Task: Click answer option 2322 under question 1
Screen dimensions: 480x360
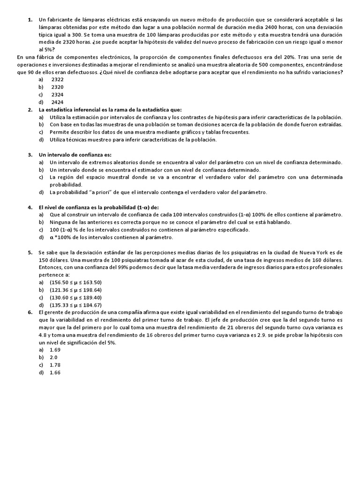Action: click(57, 80)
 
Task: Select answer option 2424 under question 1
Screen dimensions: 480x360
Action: click(57, 102)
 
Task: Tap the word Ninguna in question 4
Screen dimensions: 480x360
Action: click(61, 222)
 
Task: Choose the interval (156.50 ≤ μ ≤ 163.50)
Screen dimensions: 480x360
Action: click(75, 282)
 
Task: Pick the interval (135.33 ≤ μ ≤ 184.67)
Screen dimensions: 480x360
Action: click(75, 305)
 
